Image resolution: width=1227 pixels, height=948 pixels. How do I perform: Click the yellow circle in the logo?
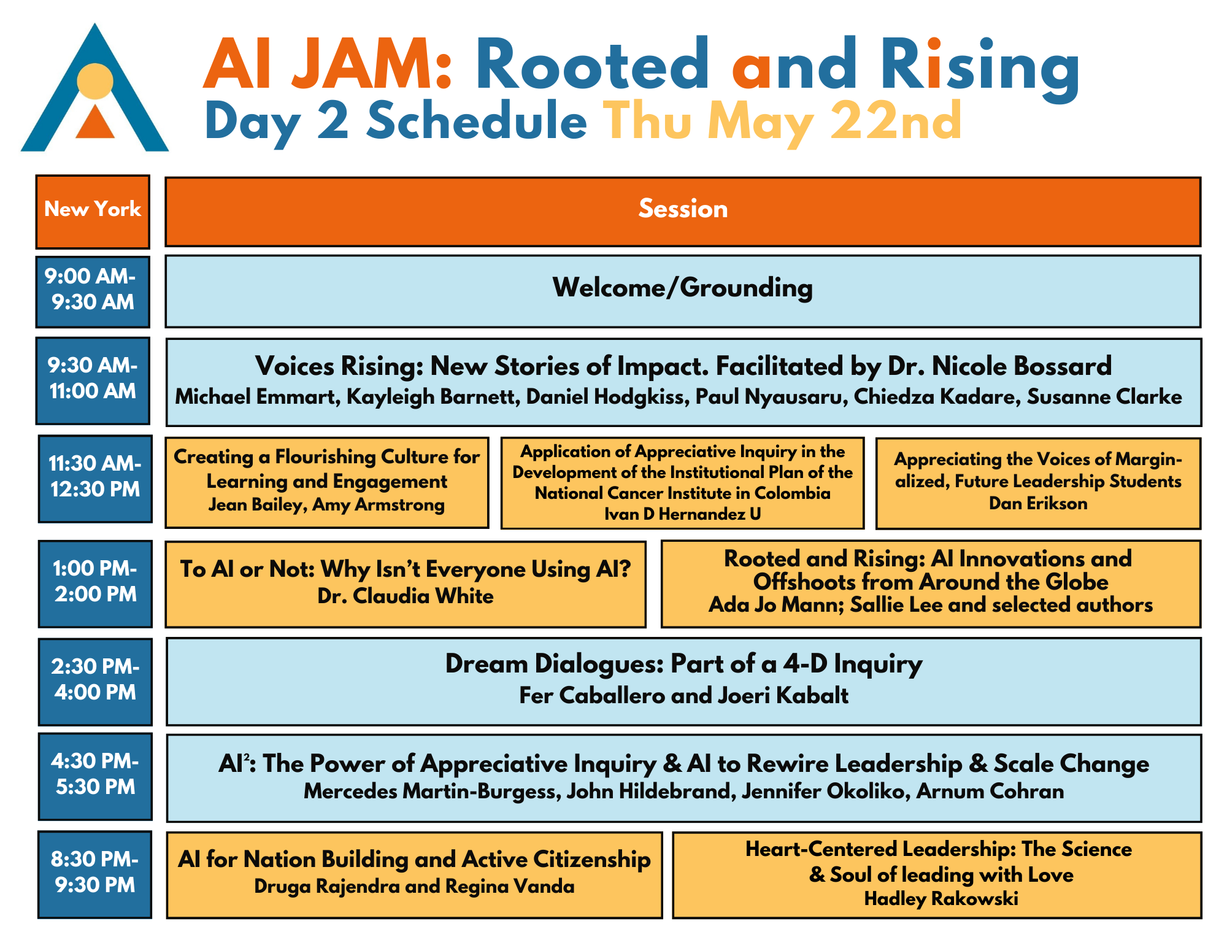[95, 81]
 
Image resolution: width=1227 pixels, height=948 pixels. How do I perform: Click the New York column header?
[93, 212]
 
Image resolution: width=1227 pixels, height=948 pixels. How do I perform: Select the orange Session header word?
[683, 209]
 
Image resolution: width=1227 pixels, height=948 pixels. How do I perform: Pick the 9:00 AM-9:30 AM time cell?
[93, 291]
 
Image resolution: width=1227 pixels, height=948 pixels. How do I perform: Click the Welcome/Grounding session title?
[683, 287]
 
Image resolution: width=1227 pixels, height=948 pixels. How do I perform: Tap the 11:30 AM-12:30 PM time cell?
[95, 479]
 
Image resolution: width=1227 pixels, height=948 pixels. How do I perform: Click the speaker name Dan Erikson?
[1038, 503]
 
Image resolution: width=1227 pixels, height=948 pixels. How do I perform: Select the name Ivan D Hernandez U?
[683, 514]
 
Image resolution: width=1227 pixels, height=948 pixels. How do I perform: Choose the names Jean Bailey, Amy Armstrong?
[326, 504]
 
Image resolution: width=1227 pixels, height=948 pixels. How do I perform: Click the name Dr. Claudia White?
[406, 596]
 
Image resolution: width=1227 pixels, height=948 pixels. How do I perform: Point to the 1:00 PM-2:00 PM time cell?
[95, 584]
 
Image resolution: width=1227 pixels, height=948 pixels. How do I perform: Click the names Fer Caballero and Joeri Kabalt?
[683, 695]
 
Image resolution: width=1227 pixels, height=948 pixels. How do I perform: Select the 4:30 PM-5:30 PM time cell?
[95, 776]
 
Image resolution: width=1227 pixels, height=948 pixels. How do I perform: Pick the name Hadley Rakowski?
[941, 899]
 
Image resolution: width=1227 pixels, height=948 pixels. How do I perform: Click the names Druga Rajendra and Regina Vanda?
[414, 886]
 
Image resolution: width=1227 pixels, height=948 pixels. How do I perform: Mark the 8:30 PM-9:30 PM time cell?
[94, 874]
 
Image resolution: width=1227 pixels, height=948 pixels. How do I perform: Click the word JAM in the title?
[363, 64]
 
